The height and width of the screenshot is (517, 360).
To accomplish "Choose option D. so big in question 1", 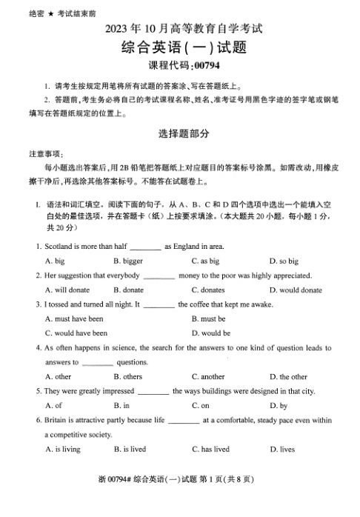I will (x=284, y=261).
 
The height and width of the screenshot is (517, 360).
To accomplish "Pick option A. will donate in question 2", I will (x=67, y=290).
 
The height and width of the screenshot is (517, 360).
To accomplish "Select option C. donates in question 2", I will (x=207, y=290).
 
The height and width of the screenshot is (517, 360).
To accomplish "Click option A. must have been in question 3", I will (x=74, y=318).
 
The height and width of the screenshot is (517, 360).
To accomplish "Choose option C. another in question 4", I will (x=207, y=376).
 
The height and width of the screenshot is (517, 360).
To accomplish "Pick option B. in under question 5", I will (x=121, y=405).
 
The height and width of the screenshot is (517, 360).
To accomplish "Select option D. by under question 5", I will (x=279, y=405).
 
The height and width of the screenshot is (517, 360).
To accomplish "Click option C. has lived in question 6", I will (x=210, y=449).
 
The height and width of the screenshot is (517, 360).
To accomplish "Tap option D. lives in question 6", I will (x=282, y=449).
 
